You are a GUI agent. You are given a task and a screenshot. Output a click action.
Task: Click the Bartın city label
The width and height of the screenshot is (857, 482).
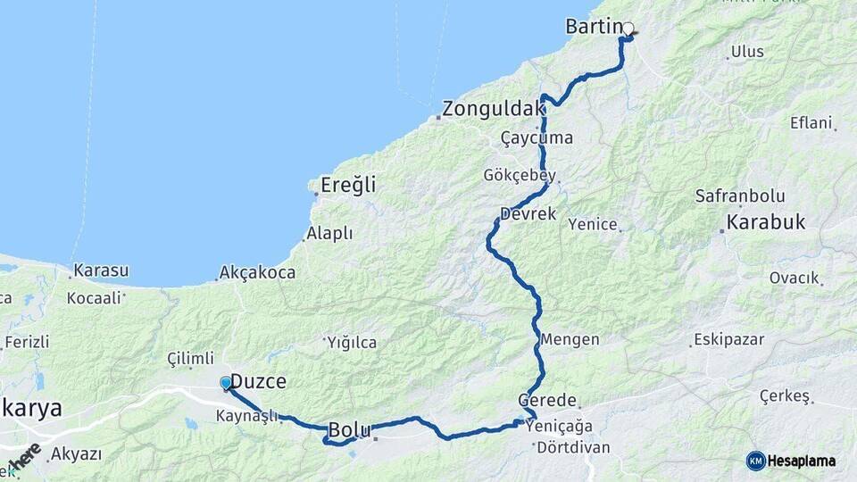[x=593, y=27]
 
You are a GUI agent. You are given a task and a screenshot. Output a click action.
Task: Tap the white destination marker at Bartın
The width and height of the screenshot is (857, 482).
[x=628, y=29]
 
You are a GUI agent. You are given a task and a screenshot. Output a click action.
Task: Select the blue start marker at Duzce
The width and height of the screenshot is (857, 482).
[x=226, y=383]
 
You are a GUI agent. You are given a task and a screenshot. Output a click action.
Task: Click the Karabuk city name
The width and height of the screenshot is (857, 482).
[x=767, y=222]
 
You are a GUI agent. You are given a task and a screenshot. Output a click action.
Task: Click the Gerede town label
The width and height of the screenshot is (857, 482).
[x=547, y=402]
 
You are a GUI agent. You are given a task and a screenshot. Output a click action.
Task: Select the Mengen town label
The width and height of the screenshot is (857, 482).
[x=570, y=340]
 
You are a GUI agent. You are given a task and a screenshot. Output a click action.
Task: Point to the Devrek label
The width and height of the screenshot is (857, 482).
[x=528, y=214]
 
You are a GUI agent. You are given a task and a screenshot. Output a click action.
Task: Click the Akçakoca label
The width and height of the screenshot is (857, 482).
[x=257, y=273]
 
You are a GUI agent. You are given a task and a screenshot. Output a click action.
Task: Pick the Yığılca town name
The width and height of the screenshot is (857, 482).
[x=352, y=343]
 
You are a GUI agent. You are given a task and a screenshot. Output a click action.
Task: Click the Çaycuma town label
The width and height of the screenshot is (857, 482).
[x=537, y=138]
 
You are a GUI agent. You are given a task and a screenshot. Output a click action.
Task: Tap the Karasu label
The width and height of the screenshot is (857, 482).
[x=101, y=270]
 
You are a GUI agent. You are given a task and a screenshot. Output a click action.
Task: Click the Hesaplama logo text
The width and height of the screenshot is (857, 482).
[x=801, y=461]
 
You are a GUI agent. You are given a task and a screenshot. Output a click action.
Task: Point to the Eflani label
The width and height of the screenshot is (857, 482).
[x=811, y=122]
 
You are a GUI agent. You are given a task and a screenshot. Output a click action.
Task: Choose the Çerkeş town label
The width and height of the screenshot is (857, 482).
[x=785, y=395]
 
